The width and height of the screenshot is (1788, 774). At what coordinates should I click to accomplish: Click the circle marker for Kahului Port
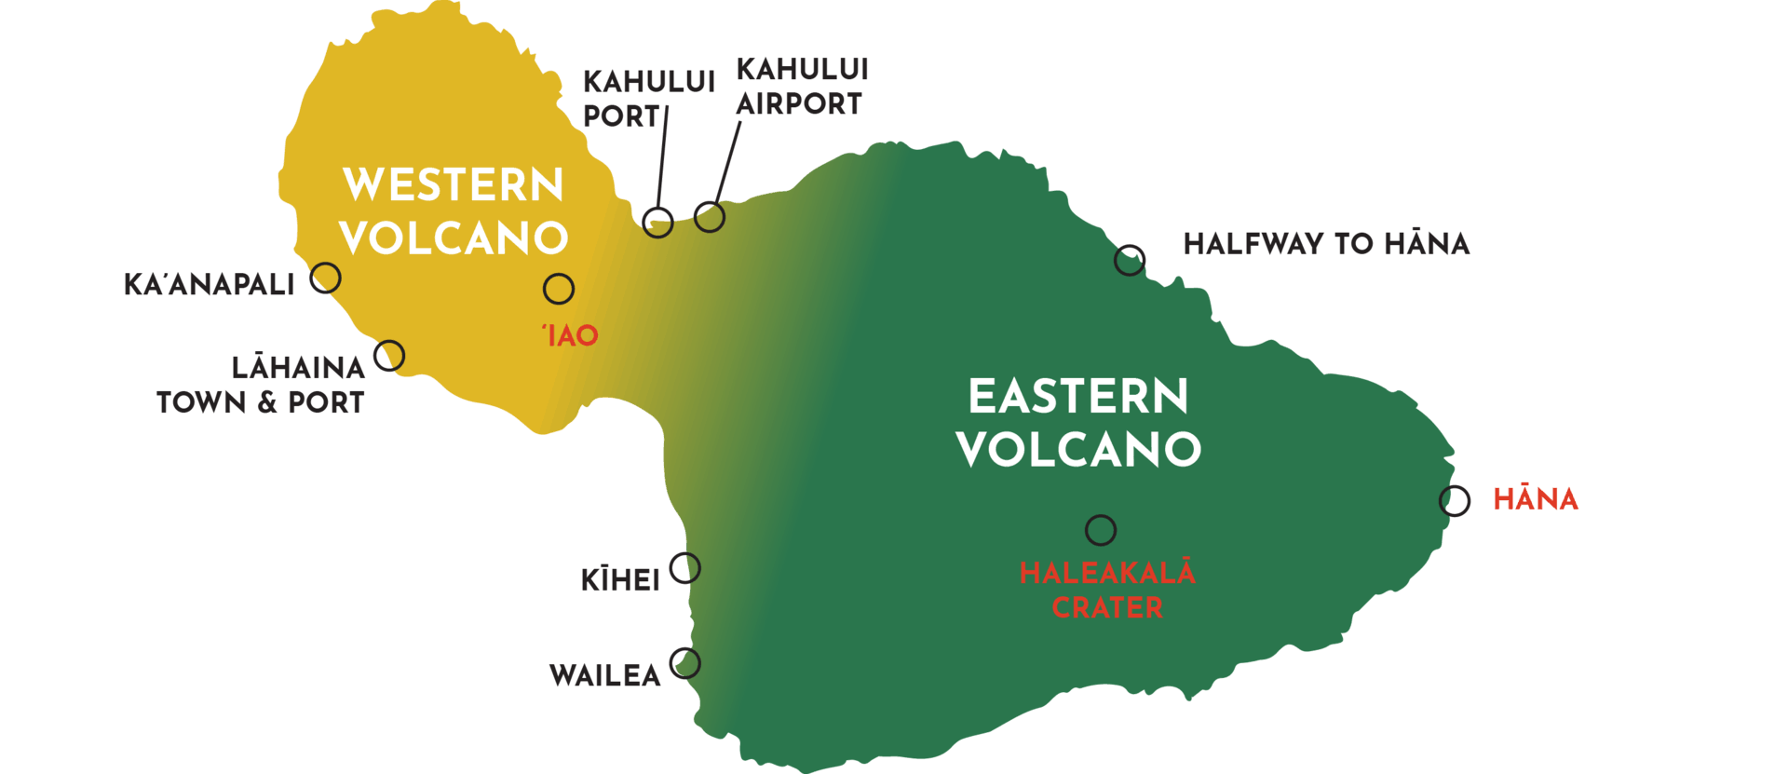pyautogui.click(x=658, y=222)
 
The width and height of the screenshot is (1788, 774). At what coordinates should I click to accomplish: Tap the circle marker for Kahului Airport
pyautogui.click(x=710, y=217)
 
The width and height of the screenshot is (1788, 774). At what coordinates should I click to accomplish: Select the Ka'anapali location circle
pyautogui.click(x=326, y=278)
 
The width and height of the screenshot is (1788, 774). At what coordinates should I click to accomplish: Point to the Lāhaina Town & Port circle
pyautogui.click(x=389, y=355)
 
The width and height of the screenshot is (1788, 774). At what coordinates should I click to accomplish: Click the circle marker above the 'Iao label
pyautogui.click(x=559, y=289)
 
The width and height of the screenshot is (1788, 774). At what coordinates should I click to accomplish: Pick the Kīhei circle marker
pyautogui.click(x=685, y=567)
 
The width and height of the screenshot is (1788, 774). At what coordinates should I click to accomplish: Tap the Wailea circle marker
pyautogui.click(x=685, y=663)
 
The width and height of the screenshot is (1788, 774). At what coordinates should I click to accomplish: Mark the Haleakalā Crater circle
pyautogui.click(x=1101, y=530)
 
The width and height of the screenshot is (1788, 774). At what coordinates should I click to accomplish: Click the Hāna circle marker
pyautogui.click(x=1455, y=501)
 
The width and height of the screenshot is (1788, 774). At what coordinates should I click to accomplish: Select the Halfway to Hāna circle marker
pyautogui.click(x=1130, y=260)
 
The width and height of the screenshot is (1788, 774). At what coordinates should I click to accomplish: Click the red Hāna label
pyautogui.click(x=1536, y=499)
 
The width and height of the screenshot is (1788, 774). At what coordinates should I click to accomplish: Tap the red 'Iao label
pyautogui.click(x=571, y=335)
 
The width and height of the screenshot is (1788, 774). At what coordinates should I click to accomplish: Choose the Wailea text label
pyautogui.click(x=604, y=675)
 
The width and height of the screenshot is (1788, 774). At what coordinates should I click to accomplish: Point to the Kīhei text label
pyautogui.click(x=620, y=580)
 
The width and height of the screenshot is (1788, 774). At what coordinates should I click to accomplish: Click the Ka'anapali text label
pyautogui.click(x=210, y=284)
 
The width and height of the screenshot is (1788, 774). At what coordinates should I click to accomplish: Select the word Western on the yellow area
pyautogui.click(x=454, y=184)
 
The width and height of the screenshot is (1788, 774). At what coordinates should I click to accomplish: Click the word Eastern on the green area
pyautogui.click(x=1078, y=397)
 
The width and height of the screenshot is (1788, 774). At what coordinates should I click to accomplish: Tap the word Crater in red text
pyautogui.click(x=1107, y=608)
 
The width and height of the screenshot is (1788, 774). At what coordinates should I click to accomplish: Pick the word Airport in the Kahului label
pyautogui.click(x=799, y=104)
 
